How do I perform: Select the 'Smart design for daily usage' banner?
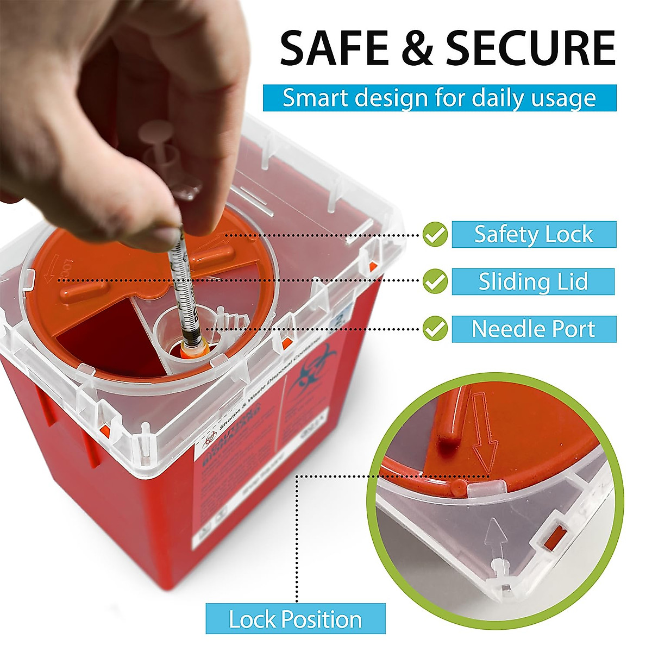pyautogui.click(x=440, y=98)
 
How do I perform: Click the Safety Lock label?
pyautogui.click(x=534, y=234)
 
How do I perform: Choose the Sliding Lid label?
pyautogui.click(x=533, y=281)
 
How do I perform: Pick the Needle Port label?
pyautogui.click(x=534, y=329)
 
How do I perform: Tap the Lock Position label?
pyautogui.click(x=296, y=619)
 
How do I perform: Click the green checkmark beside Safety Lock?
pyautogui.click(x=435, y=234)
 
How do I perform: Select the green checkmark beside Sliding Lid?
pyautogui.click(x=435, y=281)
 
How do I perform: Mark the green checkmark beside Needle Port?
pyautogui.click(x=435, y=329)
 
